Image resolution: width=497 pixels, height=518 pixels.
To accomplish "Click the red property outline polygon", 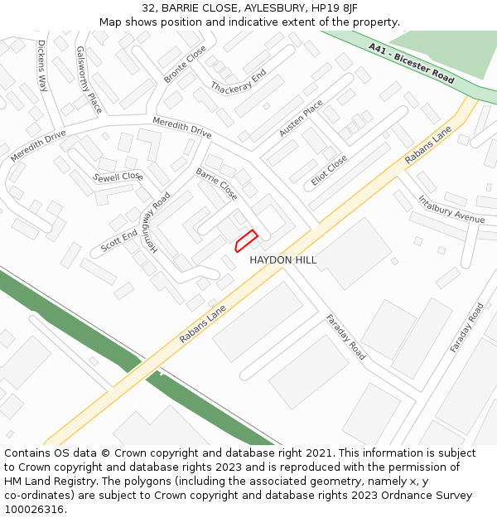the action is tap(245, 240).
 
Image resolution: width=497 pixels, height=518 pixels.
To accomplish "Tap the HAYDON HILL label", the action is tap(283, 260).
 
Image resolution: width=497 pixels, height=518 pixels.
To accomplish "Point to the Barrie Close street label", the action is tap(216, 184).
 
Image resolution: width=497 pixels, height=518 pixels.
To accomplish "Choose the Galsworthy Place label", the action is tap(89, 80).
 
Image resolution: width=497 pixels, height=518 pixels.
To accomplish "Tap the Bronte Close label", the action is tap(185, 64).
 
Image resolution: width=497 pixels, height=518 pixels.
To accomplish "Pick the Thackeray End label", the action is tap(238, 81).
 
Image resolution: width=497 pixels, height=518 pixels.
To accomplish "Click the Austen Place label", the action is tap(301, 118).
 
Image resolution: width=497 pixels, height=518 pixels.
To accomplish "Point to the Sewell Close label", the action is tap(118, 177).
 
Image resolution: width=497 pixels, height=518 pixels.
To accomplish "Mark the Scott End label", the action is tap(119, 242).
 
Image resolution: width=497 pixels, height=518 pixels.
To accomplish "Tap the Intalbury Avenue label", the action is tap(451, 209).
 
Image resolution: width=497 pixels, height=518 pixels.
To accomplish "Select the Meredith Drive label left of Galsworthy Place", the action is tap(38, 146).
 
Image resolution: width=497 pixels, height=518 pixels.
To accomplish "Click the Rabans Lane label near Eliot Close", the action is tap(428, 145).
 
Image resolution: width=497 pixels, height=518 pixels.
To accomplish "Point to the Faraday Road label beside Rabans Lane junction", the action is tap(345, 336).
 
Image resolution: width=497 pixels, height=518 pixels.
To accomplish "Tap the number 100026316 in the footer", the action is tap(34, 509).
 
